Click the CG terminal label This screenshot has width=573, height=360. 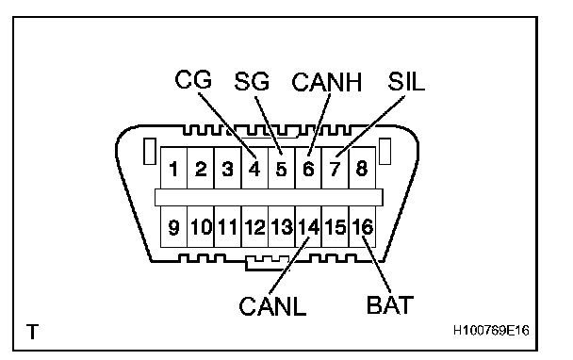tap(193, 80)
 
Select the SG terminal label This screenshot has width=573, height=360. tap(252, 81)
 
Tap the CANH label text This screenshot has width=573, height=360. tap(327, 82)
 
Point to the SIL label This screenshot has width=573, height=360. tap(406, 81)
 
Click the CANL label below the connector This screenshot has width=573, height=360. tap(272, 306)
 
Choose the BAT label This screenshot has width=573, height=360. tap(390, 304)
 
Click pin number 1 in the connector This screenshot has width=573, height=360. tap(173, 169)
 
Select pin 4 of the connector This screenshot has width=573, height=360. tap(254, 169)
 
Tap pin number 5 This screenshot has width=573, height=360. tap(281, 169)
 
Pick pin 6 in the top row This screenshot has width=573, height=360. tap(308, 169)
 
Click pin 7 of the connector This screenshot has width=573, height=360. tap(336, 169)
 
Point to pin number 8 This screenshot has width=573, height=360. tap(362, 169)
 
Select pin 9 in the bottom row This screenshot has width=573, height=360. tap(173, 227)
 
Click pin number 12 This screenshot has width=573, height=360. tap(254, 227)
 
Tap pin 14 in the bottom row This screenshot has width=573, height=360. tap(309, 227)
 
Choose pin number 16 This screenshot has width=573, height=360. tap(363, 227)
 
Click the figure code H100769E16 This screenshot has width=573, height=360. tap(491, 331)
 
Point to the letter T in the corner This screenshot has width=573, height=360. tap(33, 332)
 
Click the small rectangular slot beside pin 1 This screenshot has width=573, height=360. tap(150, 151)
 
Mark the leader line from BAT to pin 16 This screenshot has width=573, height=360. tap(376, 265)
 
